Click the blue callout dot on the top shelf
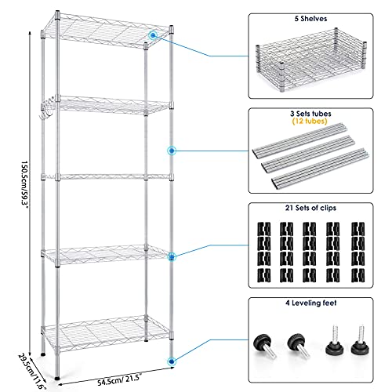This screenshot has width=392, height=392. [x=153, y=35]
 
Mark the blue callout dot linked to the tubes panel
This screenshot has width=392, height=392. [x=172, y=150]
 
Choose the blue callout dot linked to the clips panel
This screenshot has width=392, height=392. [x=170, y=255]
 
